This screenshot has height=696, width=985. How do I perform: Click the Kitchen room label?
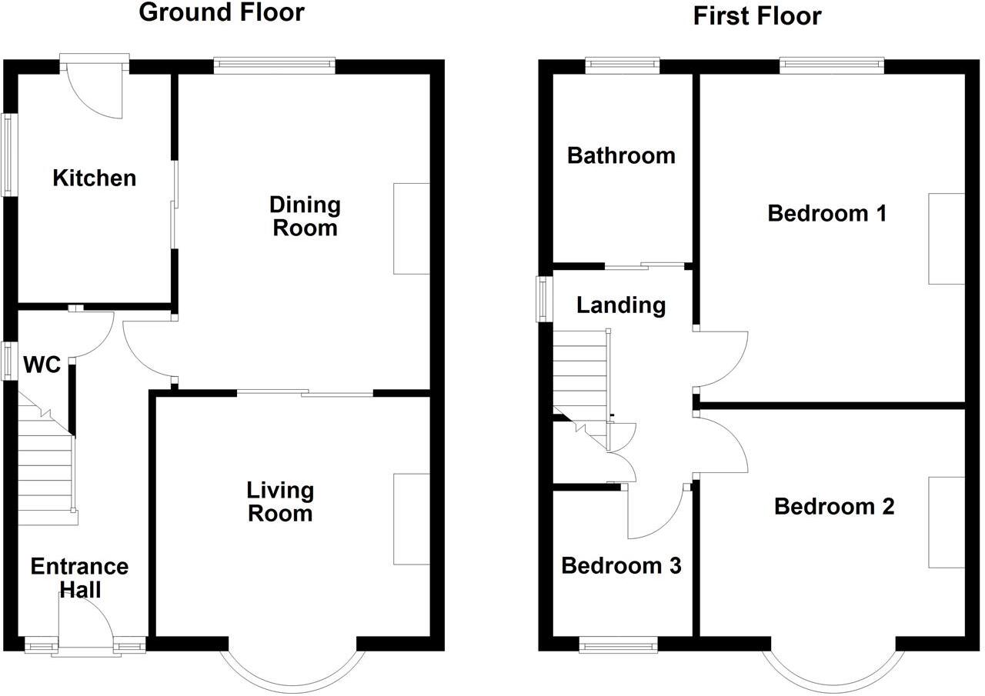tap(94, 178)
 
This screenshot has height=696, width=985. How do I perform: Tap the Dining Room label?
tap(305, 216)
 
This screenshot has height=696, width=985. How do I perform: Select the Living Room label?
tap(280, 501)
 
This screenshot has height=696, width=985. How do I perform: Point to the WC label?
tap(42, 365)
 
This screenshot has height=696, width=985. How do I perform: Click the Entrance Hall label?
tap(79, 578)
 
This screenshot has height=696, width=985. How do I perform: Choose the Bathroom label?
tap(621, 155)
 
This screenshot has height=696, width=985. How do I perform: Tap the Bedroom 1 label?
tap(827, 213)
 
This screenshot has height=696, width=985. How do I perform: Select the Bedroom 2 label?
tap(834, 507)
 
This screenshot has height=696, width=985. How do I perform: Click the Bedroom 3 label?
tap(621, 566)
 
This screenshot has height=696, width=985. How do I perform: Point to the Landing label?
tap(621, 305)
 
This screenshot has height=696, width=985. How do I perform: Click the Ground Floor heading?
tap(222, 13)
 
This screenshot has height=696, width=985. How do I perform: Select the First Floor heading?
tap(757, 15)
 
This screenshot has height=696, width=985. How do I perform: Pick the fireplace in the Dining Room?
tap(411, 228)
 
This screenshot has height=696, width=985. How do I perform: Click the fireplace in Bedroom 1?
tap(946, 238)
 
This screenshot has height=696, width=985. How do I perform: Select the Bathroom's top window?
tap(623, 65)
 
